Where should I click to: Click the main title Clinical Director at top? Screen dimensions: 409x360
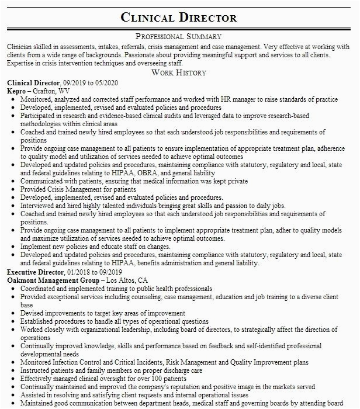pos(179,17)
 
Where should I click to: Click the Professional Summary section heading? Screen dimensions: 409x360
pos(179,36)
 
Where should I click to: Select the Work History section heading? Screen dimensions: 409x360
pos(179,73)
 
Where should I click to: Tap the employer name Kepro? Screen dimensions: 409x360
pos(17,92)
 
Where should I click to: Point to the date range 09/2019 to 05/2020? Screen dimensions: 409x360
pos(86,84)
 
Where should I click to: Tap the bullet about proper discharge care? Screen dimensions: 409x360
pos(111,370)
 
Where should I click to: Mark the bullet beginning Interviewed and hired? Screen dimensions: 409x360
pos(153,206)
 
